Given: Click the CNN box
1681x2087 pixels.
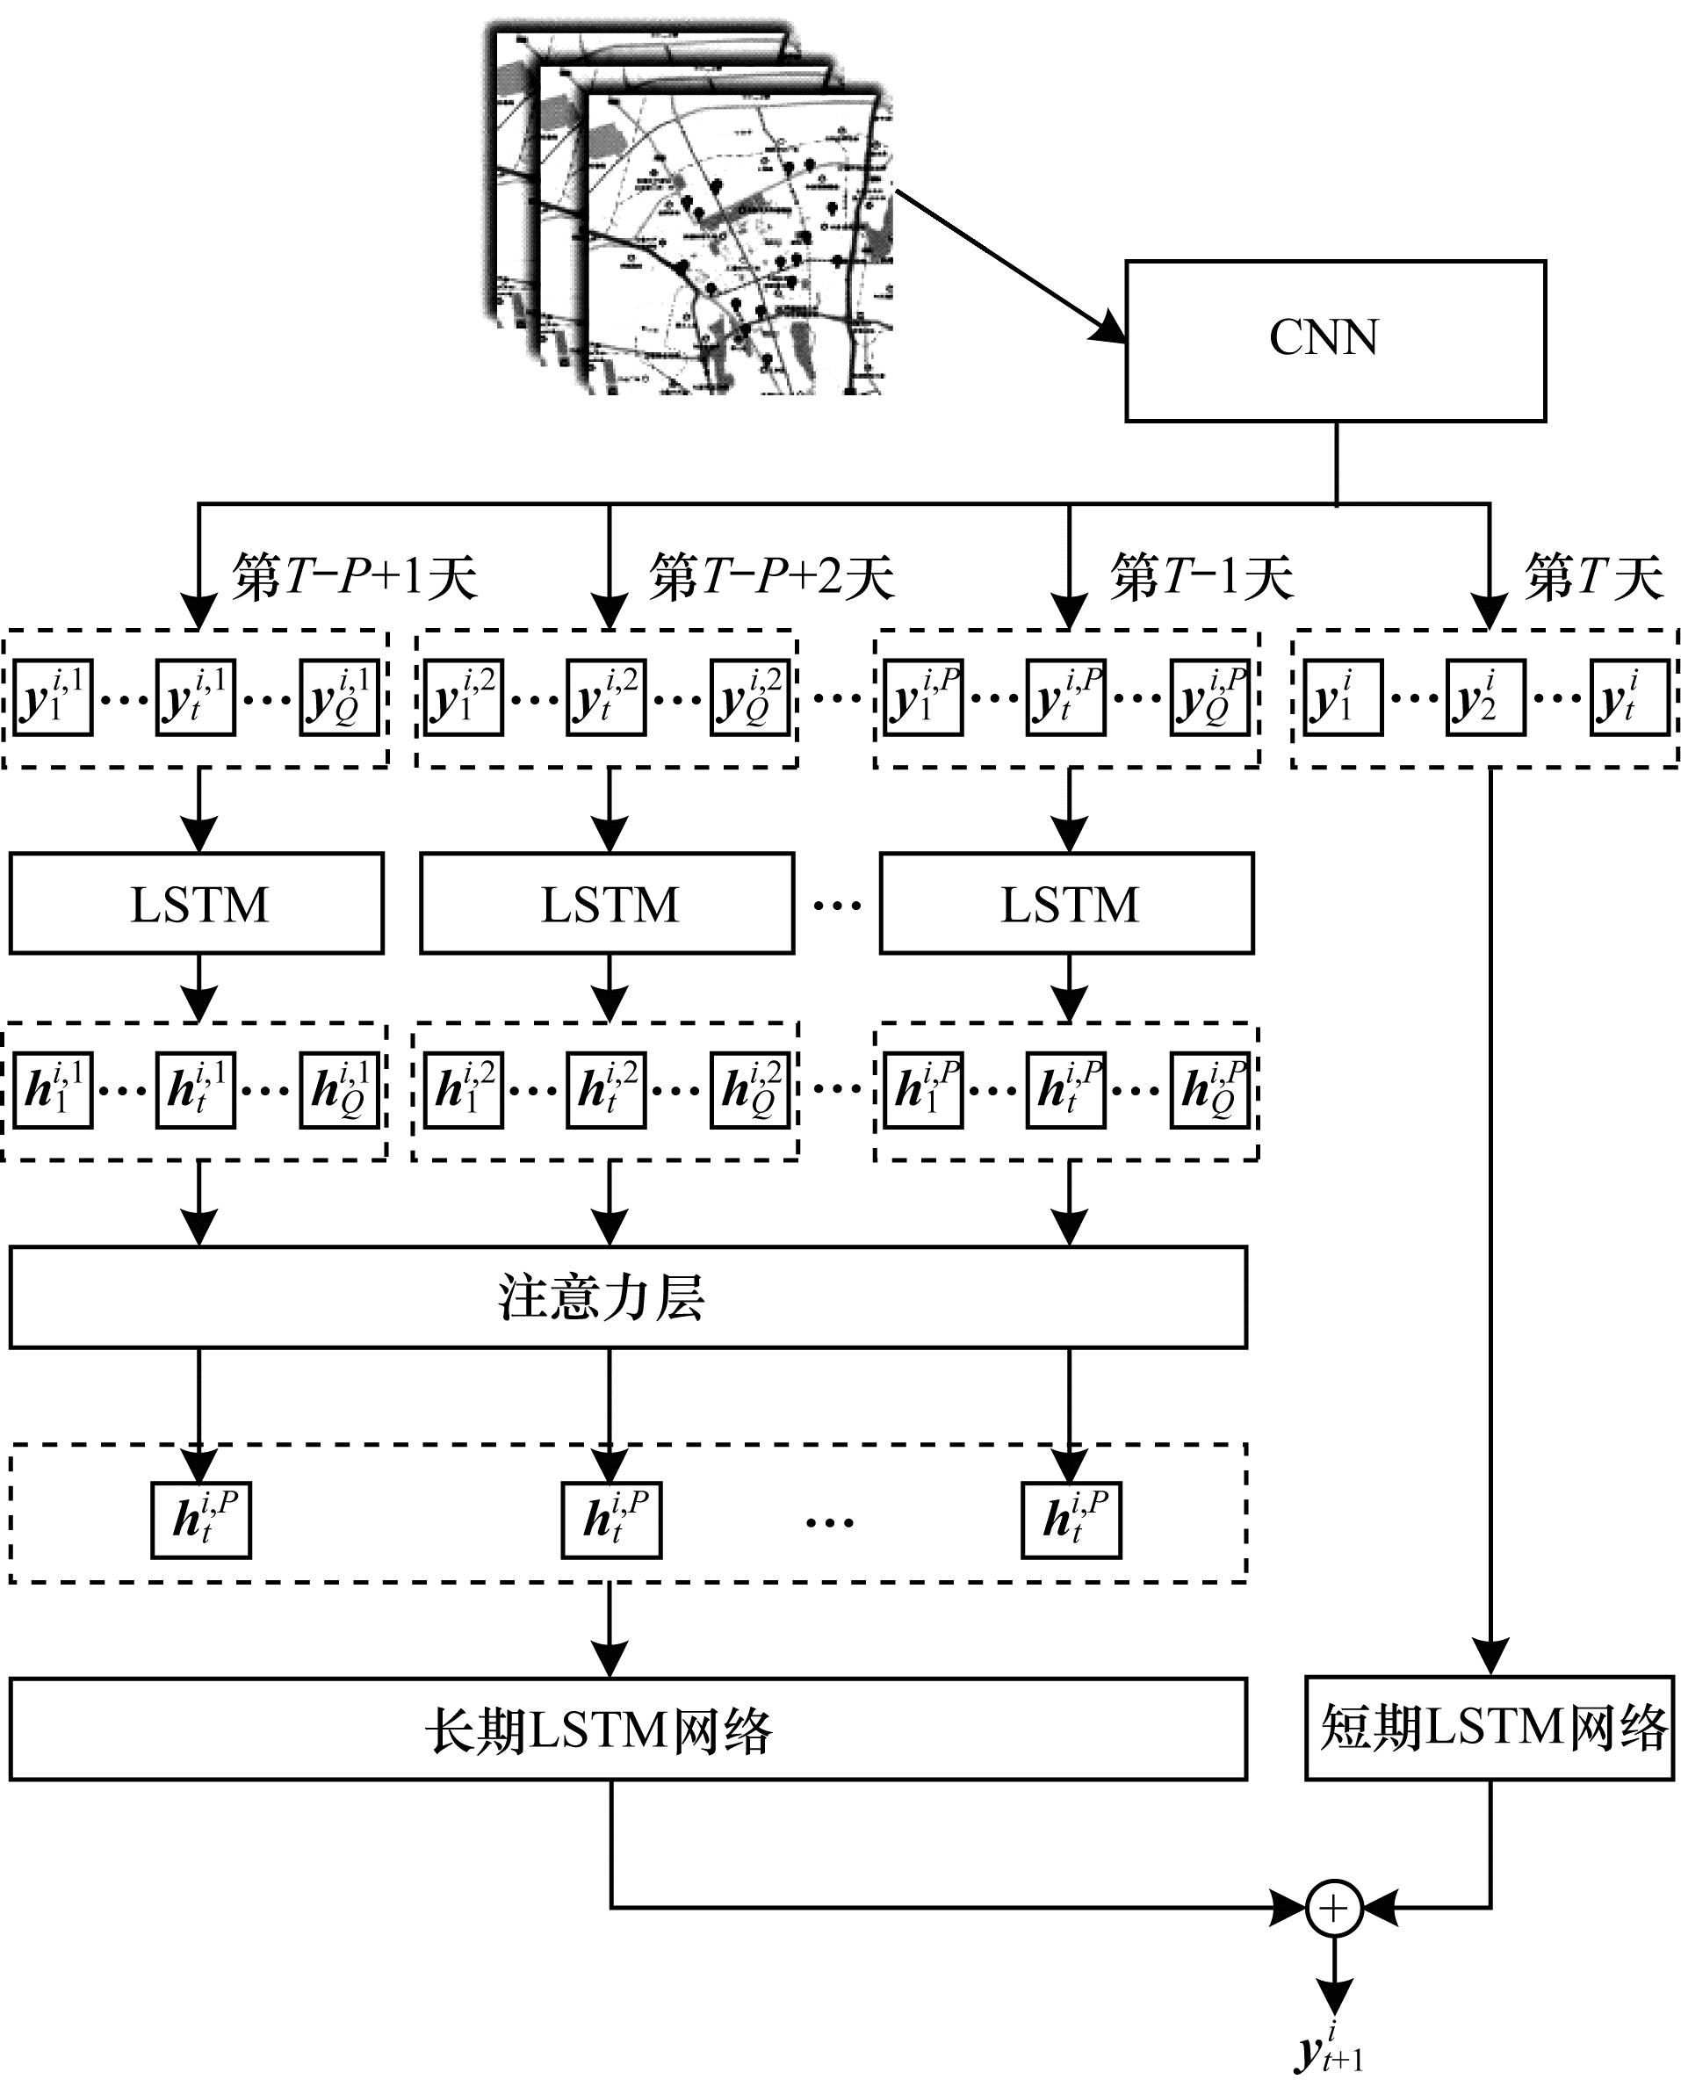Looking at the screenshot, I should point(1334,341).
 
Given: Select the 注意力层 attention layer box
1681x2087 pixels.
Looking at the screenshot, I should point(627,1296).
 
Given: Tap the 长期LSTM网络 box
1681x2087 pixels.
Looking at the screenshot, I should point(627,1730).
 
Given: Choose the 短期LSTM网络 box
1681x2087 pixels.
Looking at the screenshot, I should point(1490,1729).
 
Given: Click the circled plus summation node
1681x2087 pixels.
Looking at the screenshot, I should point(1334,1908).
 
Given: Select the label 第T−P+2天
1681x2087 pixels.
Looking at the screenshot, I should point(771,577).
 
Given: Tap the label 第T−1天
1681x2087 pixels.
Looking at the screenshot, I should point(1201,577).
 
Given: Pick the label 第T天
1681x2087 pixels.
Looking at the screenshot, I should point(1594,577).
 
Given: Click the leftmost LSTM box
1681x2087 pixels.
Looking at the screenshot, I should point(198,904).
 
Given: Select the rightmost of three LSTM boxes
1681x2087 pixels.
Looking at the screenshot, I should point(1067,904).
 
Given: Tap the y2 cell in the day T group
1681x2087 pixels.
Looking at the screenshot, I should point(1484,698).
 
